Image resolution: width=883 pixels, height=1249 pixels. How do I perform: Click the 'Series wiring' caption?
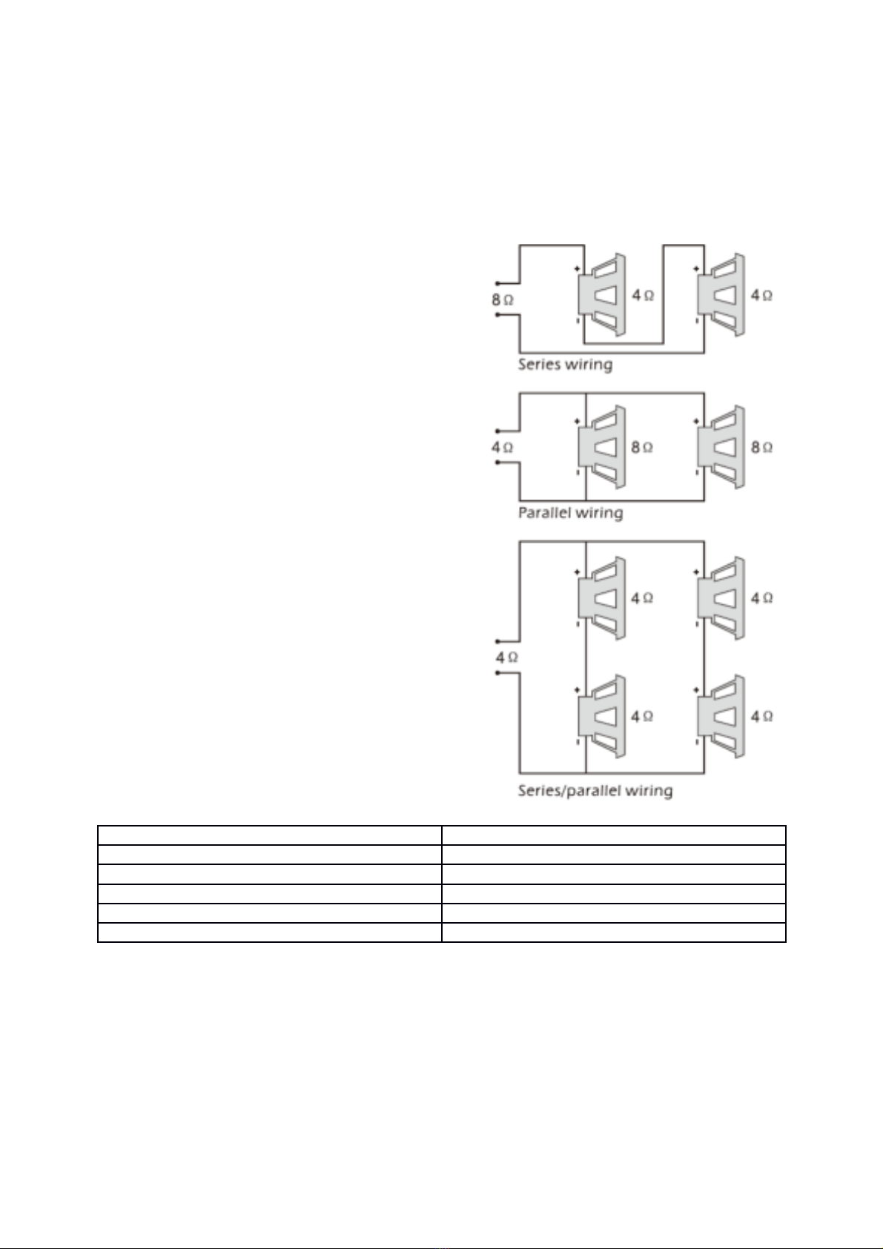tap(565, 365)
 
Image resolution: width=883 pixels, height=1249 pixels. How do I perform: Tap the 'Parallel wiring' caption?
tap(570, 512)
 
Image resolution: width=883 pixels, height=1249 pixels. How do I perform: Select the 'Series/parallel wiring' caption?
tap(595, 791)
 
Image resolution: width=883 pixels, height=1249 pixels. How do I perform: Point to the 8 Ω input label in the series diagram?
tap(502, 300)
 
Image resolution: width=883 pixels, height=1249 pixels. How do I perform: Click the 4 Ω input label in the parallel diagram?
tap(502, 447)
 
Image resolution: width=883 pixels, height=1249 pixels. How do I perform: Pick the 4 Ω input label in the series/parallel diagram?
tap(506, 658)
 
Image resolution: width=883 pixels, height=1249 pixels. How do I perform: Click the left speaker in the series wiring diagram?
tap(601, 295)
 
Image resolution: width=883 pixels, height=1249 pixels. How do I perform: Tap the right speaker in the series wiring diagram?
tap(721, 295)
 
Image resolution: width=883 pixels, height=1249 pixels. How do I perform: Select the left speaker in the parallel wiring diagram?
tap(601, 447)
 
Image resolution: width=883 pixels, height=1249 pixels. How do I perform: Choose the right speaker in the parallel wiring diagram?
tap(721, 447)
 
